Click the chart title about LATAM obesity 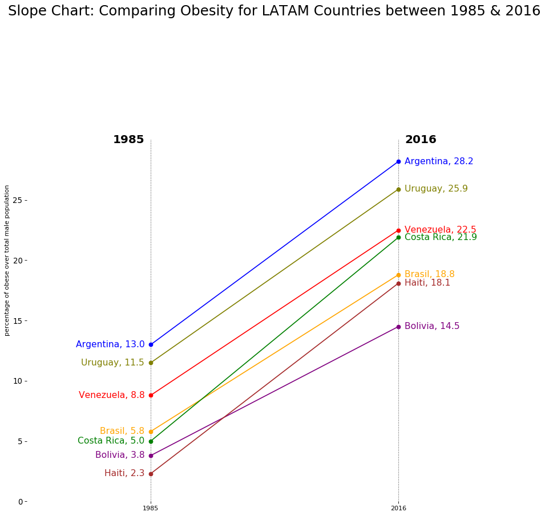click(x=274, y=11)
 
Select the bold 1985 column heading click(x=128, y=140)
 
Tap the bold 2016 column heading click(x=421, y=140)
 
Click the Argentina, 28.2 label click(x=439, y=161)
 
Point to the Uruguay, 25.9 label click(x=436, y=189)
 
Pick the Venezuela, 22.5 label click(x=440, y=229)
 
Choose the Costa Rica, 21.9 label click(x=441, y=238)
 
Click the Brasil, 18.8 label click(x=429, y=274)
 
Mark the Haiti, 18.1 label click(x=427, y=283)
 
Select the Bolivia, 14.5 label click(x=432, y=326)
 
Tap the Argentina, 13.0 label click(x=110, y=344)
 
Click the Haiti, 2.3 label click(x=124, y=473)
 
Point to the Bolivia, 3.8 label click(x=120, y=455)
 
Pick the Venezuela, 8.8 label click(x=112, y=395)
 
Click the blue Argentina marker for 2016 click(x=398, y=161)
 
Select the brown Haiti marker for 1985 click(x=151, y=474)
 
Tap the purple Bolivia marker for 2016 click(x=398, y=327)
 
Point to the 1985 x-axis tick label click(x=151, y=508)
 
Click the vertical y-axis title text click(x=7, y=260)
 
